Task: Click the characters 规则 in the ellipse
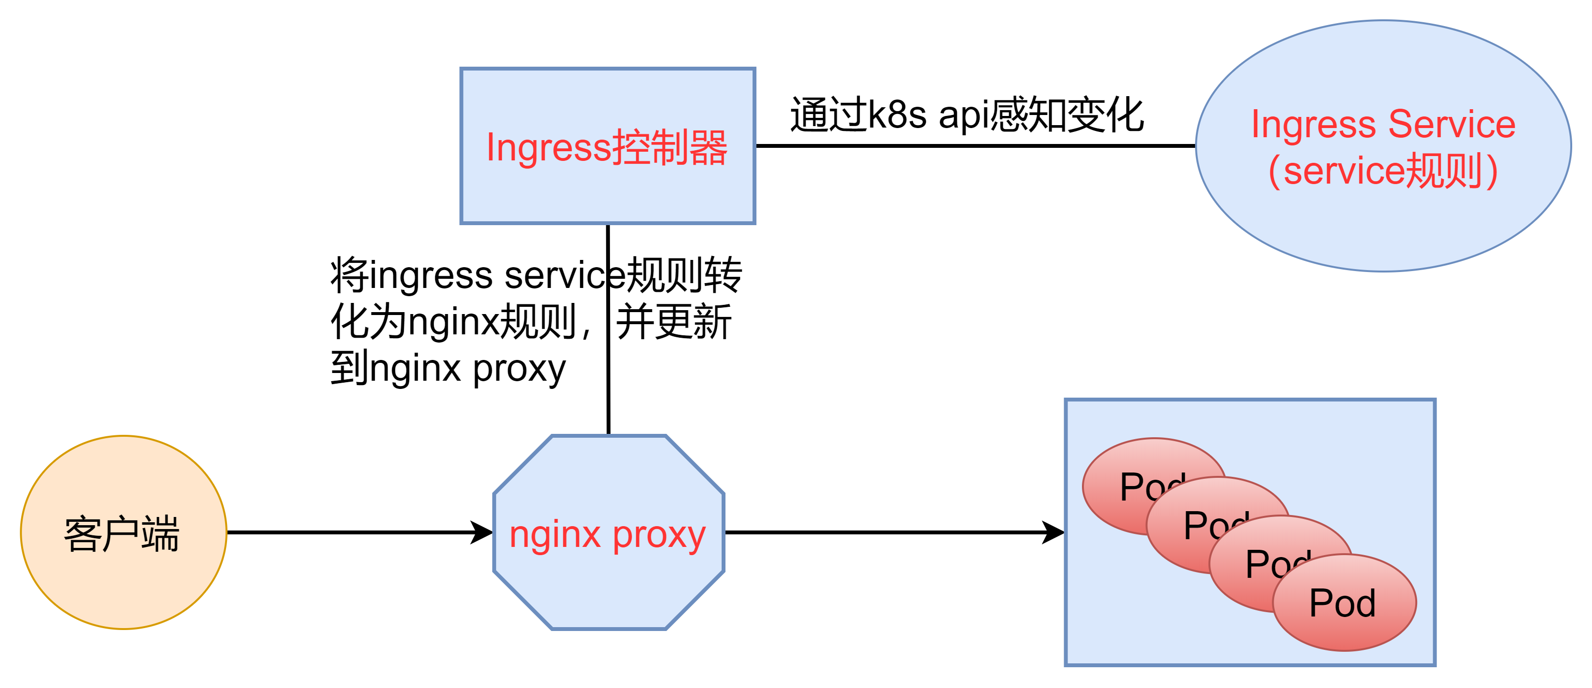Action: click(x=1444, y=171)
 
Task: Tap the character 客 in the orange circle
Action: click(x=83, y=533)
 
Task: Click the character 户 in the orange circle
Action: click(x=121, y=533)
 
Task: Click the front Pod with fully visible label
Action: click(x=1342, y=602)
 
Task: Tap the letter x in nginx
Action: click(x=591, y=535)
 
